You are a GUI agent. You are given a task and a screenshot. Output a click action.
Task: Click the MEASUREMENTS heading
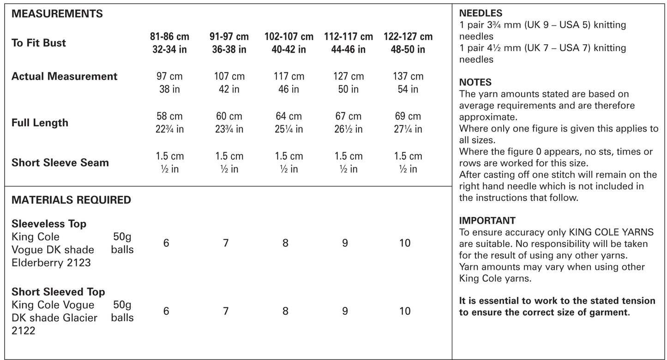click(57, 14)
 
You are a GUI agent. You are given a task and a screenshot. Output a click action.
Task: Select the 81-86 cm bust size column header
click(169, 42)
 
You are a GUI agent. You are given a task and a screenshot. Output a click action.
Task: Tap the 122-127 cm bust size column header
click(408, 42)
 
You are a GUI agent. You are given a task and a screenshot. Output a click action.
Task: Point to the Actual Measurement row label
click(64, 77)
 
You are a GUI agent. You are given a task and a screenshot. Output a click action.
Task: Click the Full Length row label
click(40, 123)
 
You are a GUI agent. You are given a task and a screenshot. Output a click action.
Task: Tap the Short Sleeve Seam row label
click(60, 162)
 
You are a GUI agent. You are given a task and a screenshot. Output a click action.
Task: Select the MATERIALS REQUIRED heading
click(71, 200)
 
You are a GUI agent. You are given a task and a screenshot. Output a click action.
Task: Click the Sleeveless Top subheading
click(49, 224)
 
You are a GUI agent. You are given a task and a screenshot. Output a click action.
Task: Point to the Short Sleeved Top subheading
click(58, 292)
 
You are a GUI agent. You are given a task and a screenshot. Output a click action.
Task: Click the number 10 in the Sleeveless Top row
click(405, 243)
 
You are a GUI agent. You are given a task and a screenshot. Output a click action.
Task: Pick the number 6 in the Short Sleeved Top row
click(166, 312)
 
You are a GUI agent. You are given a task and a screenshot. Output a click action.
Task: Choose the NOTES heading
click(475, 83)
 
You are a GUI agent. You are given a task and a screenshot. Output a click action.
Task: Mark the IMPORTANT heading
click(487, 221)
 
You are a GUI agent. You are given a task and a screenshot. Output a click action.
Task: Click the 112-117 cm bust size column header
click(349, 42)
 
